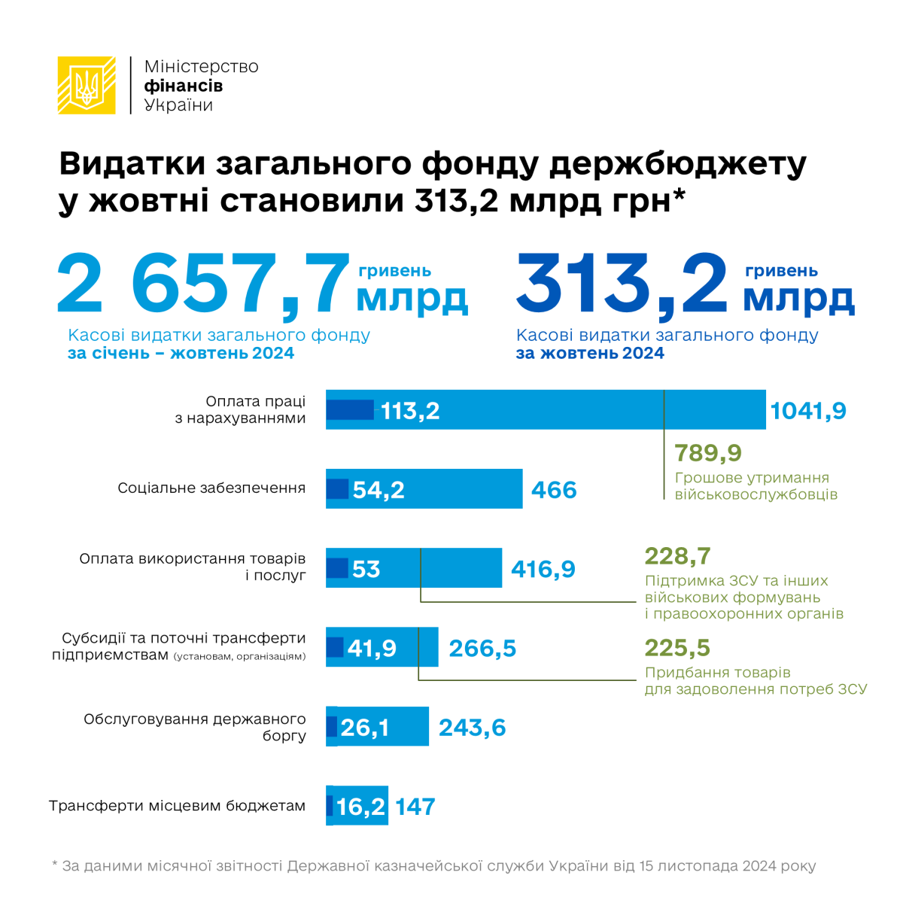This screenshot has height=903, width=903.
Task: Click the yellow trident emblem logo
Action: pyautogui.click(x=87, y=86)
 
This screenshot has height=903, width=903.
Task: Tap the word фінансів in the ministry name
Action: pyautogui.click(x=183, y=86)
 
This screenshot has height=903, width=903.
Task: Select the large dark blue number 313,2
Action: pyautogui.click(x=622, y=286)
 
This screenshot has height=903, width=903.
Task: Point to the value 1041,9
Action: pyautogui.click(x=808, y=411)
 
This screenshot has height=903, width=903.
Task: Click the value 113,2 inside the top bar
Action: pyautogui.click(x=410, y=411)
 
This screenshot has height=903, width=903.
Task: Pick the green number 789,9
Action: pyautogui.click(x=708, y=453)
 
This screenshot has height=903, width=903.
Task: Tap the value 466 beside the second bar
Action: pyautogui.click(x=554, y=490)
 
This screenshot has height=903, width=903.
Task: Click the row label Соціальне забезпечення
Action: pyautogui.click(x=211, y=488)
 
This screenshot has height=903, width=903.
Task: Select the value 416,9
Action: pyautogui.click(x=543, y=569)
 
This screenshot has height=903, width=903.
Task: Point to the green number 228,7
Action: pyautogui.click(x=677, y=556)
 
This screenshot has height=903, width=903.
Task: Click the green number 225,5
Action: pyautogui.click(x=677, y=648)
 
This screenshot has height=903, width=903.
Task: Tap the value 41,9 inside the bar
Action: pyautogui.click(x=372, y=648)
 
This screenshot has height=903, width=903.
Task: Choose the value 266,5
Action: pyautogui.click(x=482, y=648)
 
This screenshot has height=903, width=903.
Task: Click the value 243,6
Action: pyautogui.click(x=472, y=728)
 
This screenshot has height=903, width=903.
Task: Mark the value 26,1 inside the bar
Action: pyautogui.click(x=364, y=728)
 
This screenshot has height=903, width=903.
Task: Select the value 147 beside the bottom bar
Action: pyautogui.click(x=415, y=807)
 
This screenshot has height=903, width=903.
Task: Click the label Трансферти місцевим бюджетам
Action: pyautogui.click(x=178, y=806)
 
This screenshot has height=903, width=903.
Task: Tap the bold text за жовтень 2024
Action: pyautogui.click(x=590, y=354)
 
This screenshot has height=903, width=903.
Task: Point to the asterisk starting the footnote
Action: pyautogui.click(x=55, y=865)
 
